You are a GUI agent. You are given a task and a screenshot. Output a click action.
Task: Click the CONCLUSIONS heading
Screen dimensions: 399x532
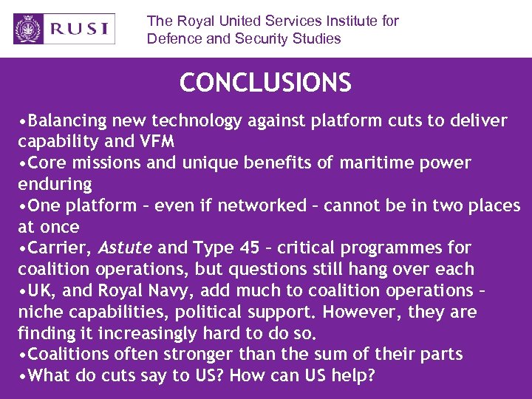coord(265,83)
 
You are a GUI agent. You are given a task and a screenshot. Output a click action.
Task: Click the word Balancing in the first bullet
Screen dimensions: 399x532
coord(65,120)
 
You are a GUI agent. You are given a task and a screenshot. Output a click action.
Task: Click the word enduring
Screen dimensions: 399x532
coord(55,184)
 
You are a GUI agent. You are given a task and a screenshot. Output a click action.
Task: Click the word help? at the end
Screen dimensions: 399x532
coord(352,375)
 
